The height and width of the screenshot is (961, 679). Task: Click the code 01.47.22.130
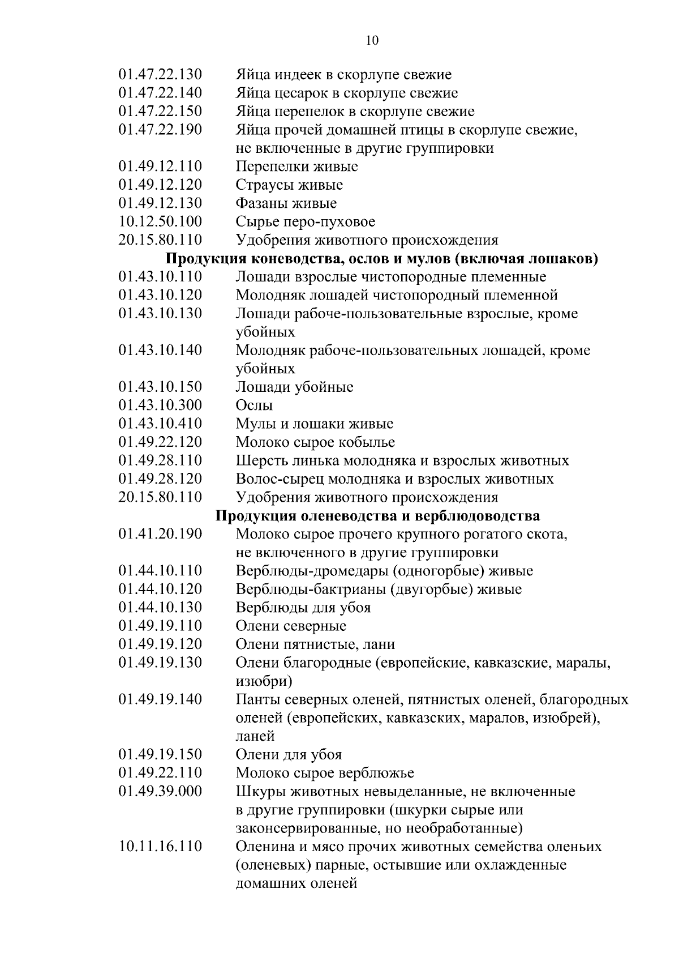(x=160, y=75)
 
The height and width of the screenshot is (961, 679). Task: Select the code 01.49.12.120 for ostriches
(x=160, y=185)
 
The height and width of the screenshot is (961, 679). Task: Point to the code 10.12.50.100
(x=160, y=222)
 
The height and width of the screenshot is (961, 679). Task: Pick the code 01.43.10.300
(x=160, y=405)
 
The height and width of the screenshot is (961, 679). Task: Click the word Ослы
(x=254, y=405)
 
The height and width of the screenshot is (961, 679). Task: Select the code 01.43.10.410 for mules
(x=160, y=424)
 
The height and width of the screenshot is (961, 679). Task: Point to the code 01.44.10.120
(x=160, y=590)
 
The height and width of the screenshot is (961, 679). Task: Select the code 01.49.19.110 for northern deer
(x=160, y=626)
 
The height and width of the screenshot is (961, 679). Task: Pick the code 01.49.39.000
(x=160, y=792)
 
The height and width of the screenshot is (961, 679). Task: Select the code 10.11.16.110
(x=160, y=847)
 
